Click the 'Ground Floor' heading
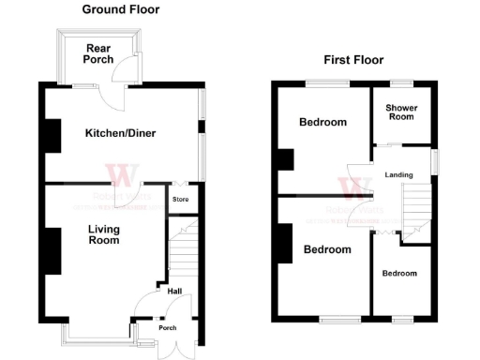[x=120, y=9]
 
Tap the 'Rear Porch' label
[x=97, y=54]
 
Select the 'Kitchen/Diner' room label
[x=120, y=133]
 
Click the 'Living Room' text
[x=104, y=234]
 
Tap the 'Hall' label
[x=174, y=291]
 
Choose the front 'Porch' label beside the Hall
[x=167, y=328]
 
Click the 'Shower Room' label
[x=402, y=113]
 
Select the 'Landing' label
[x=400, y=174]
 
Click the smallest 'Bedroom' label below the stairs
[x=399, y=273]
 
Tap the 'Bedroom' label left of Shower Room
[x=322, y=123]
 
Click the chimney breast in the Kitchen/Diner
[x=52, y=137]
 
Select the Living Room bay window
[x=97, y=330]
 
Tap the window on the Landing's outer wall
[x=434, y=160]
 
